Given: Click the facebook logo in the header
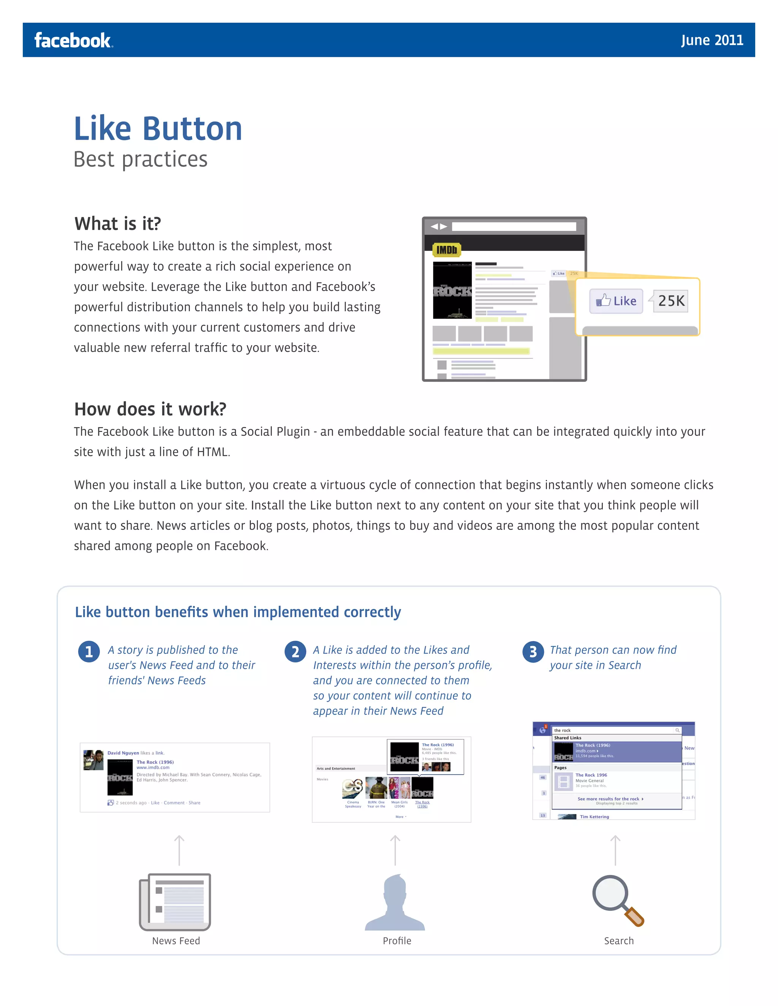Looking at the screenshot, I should coord(73,41).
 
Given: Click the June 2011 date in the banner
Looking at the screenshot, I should coord(712,41).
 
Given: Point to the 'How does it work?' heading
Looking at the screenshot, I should coord(150,409).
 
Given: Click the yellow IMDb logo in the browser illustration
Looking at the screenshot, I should coord(446,250).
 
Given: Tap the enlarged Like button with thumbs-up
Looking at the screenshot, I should coord(616,301).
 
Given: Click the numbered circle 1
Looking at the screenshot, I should coord(89,652).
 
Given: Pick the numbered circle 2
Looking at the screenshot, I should coord(295,652).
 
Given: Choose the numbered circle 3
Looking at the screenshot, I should coord(533,652).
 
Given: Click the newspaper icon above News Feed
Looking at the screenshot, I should coord(175,902).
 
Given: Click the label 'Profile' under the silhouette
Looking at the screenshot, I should coord(397,941).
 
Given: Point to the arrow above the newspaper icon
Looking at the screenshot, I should coord(179,850).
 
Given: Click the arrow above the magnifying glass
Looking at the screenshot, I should coord(615,850).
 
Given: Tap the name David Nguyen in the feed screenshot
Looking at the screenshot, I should coord(123,753).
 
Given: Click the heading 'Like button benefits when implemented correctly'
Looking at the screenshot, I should coord(238,612).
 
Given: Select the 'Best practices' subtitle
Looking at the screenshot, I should coord(141,159).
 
